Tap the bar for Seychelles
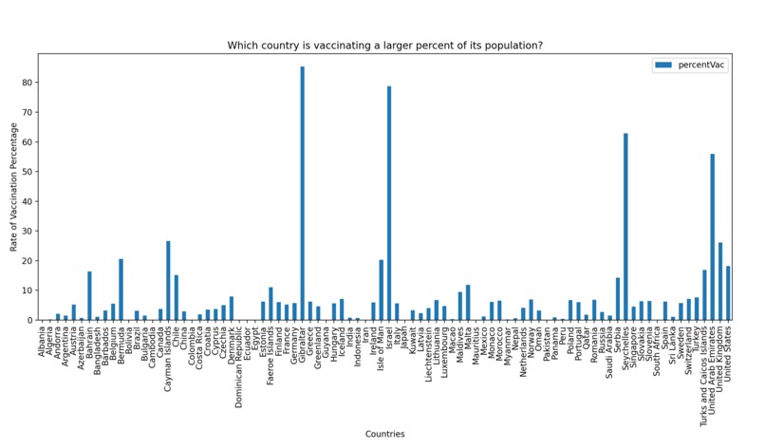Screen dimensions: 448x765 click(x=625, y=227)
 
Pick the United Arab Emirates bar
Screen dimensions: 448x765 click(x=712, y=237)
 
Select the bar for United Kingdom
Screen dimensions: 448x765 click(x=720, y=282)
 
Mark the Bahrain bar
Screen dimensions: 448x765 click(x=89, y=296)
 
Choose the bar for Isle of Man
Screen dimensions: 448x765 click(x=381, y=290)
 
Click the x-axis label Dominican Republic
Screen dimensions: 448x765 click(x=239, y=362)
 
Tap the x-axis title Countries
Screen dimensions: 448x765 click(x=384, y=434)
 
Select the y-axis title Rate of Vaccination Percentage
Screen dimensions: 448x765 click(x=13, y=187)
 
